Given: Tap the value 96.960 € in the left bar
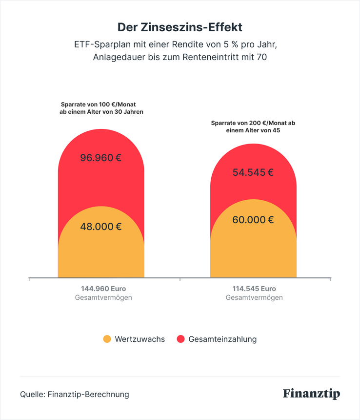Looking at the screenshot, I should pos(101,158).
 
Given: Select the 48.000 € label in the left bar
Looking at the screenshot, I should pos(101,227).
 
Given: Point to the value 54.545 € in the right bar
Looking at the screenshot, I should pos(253,172).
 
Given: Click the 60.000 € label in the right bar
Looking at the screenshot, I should pos(253,220).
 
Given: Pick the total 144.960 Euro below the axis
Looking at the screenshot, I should pos(103,289).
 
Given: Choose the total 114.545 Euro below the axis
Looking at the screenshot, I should pos(254,289).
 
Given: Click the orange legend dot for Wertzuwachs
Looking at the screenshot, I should pos(107,339).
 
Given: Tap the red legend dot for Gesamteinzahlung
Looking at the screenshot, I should pos(180,339).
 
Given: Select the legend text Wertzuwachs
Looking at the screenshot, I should pos(140,339).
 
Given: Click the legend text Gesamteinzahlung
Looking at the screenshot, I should pos(222,339).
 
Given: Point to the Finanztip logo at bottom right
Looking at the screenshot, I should pos(311,394).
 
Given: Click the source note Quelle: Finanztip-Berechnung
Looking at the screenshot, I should pos(75,394).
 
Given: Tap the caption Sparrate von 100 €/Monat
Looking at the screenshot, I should pos(101,105).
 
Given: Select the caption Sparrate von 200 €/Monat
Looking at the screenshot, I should pos(253,124).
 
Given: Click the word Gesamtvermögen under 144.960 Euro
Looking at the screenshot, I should pos(103,297).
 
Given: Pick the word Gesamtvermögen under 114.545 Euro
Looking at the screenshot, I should pos(254,297).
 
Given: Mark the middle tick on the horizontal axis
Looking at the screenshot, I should pos(180,280).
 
